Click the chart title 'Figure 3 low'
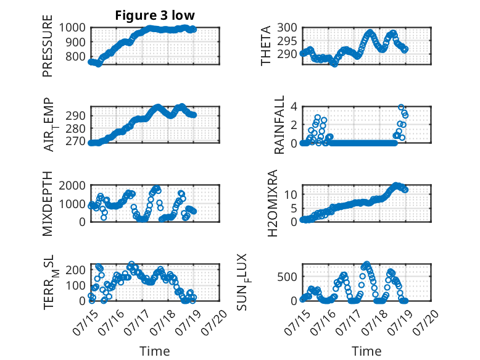point(155,15)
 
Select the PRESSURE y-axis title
point(48,46)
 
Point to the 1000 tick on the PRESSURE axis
point(72,28)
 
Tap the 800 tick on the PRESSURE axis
point(75,56)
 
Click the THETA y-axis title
point(266,46)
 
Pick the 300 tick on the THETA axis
point(287,28)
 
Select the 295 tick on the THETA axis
point(287,41)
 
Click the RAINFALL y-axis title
point(279,124)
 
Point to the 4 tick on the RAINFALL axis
point(294,107)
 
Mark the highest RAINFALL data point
point(401,107)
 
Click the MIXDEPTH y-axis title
point(48,203)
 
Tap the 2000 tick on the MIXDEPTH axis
point(72,185)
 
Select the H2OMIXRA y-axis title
point(273,203)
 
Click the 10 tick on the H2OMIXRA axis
point(290,194)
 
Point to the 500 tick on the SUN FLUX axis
point(287,277)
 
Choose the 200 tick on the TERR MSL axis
point(75,270)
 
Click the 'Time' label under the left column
point(155,351)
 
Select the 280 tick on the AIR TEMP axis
point(75,128)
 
